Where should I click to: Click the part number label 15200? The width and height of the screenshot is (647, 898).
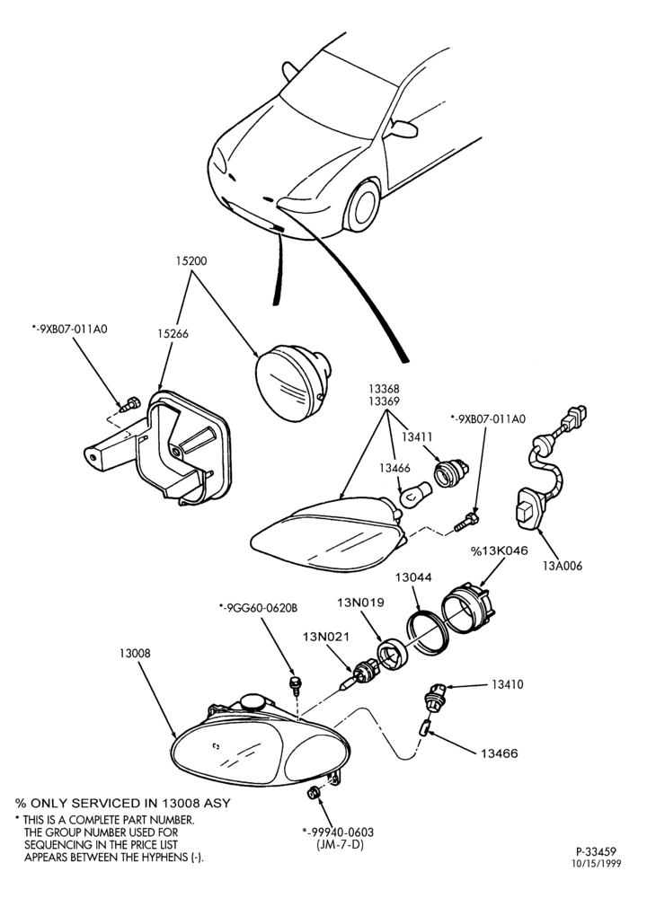191,261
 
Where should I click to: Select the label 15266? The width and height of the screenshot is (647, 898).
173,333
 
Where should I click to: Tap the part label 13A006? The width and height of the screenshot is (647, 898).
563,566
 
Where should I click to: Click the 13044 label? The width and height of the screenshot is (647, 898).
412,577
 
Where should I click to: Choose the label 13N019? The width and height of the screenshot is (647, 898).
360,603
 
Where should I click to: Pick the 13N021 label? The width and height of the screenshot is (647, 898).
326,636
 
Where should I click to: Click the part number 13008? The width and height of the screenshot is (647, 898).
136,653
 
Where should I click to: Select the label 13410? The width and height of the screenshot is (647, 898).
507,684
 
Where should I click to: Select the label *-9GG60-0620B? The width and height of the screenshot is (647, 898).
258,608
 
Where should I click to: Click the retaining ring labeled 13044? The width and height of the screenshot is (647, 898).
427,632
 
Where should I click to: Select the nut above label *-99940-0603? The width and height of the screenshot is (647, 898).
314,792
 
